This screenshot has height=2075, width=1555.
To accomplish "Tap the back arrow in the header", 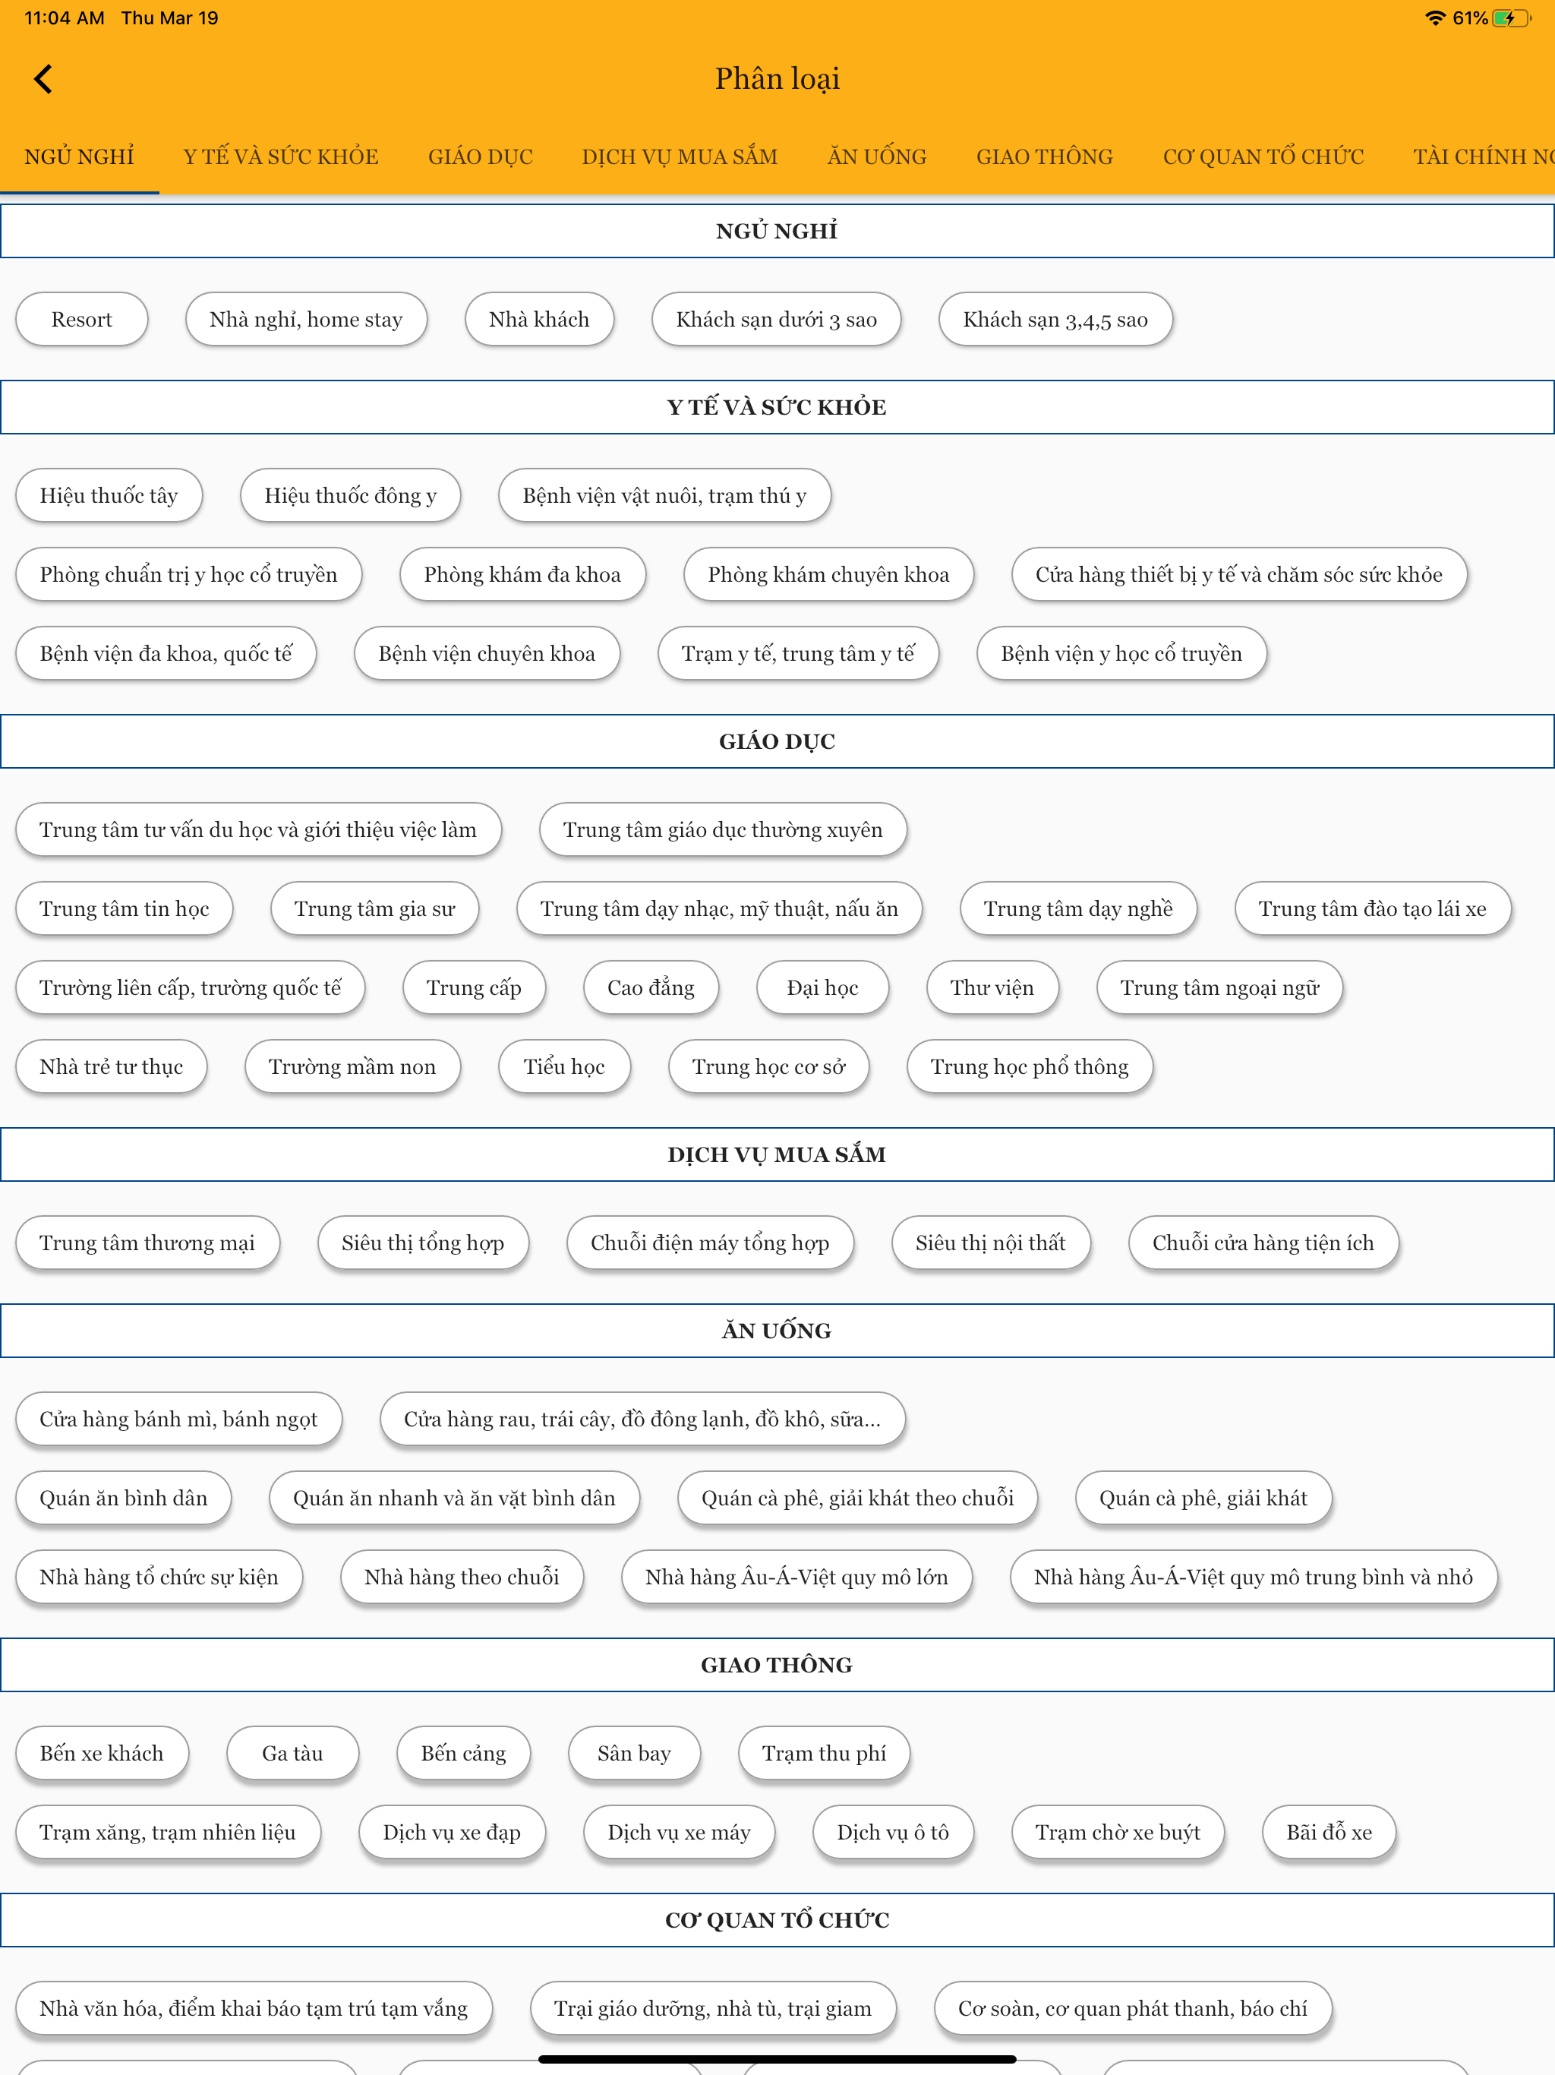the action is (x=43, y=79).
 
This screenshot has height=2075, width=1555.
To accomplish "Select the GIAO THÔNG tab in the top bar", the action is (x=1044, y=156).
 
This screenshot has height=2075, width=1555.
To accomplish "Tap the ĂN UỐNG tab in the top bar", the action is (x=877, y=156).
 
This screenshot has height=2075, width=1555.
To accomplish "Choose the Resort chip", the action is (x=81, y=319).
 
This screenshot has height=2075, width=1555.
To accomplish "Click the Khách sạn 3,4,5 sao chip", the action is (x=1055, y=319).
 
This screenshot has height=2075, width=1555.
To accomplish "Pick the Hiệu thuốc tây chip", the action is (x=109, y=495).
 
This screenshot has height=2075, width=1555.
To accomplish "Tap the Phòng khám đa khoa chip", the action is (x=522, y=574).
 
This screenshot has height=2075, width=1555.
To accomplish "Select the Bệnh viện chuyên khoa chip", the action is (x=487, y=653).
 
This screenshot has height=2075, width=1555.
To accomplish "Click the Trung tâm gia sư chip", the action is (x=375, y=908).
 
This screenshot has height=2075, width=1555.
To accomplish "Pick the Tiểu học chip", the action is (x=563, y=1066).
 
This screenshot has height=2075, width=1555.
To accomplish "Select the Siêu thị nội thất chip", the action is (x=990, y=1242).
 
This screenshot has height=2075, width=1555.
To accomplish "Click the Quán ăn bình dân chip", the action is (x=124, y=1497).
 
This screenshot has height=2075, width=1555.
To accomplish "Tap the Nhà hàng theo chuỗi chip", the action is (x=462, y=1576).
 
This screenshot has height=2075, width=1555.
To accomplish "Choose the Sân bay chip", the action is (x=634, y=1752).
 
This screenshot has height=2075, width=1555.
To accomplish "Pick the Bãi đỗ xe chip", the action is (x=1329, y=1831).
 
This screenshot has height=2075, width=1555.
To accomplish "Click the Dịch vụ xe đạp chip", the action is (x=452, y=1831).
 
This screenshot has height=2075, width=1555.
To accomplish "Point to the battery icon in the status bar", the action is (x=1511, y=17).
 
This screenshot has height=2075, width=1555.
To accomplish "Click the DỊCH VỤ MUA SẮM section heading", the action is (x=777, y=1154).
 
